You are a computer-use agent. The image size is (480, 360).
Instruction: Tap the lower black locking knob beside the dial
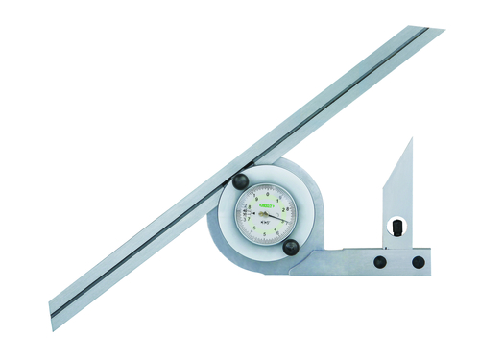pyautogui.click(x=290, y=247)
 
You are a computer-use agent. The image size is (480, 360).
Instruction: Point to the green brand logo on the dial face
pyautogui.click(x=270, y=204)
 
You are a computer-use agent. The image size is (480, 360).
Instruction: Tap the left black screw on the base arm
pyautogui.click(x=381, y=261)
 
